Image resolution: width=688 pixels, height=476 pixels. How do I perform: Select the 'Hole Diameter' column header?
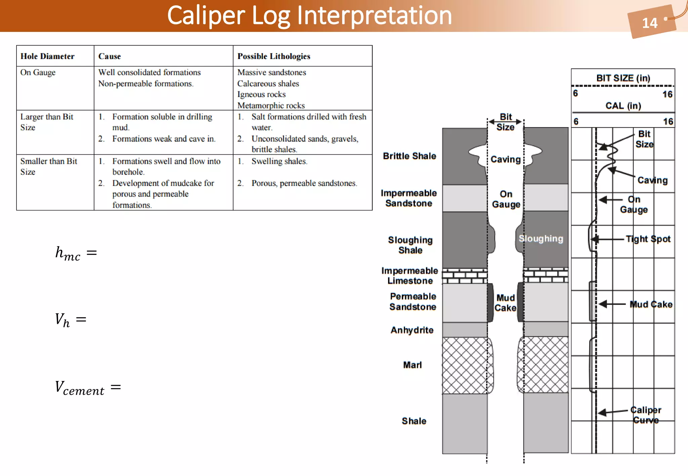(47, 56)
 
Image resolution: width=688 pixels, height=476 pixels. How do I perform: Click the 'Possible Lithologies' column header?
(273, 56)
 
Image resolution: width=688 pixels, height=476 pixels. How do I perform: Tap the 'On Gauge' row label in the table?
(38, 73)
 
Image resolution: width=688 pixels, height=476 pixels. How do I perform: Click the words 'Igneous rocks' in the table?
(261, 94)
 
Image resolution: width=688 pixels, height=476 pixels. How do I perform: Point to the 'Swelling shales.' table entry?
(279, 161)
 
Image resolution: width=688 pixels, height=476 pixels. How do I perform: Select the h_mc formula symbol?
(68, 253)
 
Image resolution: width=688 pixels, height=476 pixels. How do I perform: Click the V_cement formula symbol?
(80, 388)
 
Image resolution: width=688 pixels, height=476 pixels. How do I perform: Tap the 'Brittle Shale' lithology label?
(410, 156)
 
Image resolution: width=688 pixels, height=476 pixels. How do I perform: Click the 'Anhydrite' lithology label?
(412, 330)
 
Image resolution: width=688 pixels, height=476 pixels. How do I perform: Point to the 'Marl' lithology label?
(412, 365)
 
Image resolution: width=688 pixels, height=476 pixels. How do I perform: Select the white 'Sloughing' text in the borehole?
(541, 239)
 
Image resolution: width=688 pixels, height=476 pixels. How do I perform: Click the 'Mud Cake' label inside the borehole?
(505, 303)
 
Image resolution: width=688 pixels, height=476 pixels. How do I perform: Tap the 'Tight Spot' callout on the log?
(648, 239)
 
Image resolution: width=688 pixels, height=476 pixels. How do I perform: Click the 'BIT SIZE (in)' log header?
(623, 78)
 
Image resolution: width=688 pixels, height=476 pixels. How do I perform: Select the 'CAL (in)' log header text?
(623, 106)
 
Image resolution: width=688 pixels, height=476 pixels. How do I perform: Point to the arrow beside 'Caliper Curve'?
(612, 412)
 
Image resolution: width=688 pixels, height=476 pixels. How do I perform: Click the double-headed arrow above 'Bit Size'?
(505, 122)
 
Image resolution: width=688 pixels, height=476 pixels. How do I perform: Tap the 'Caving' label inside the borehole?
(505, 159)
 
